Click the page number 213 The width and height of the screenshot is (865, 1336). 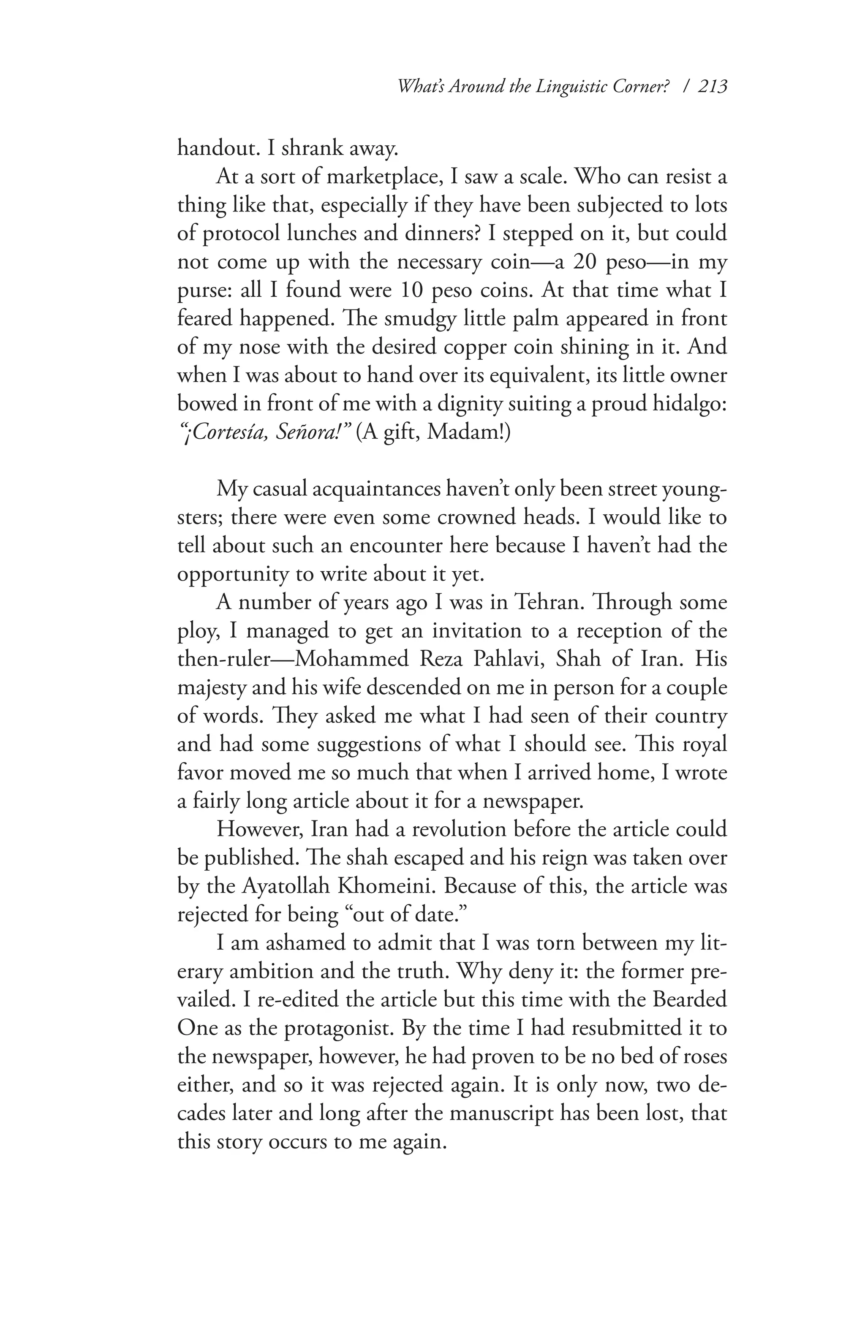[x=711, y=87]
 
